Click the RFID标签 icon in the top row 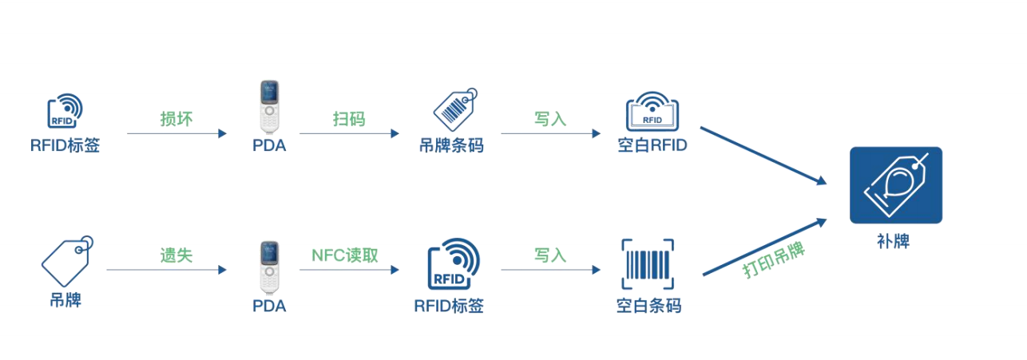click(65, 111)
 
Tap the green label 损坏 click(176, 119)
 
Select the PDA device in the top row click(270, 107)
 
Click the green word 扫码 click(349, 119)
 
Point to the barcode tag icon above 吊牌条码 click(455, 110)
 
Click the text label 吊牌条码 click(451, 145)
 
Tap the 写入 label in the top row click(550, 119)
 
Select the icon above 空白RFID click(652, 111)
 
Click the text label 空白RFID click(652, 145)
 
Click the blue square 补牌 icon click(896, 185)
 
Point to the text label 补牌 click(894, 241)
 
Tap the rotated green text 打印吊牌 click(774, 259)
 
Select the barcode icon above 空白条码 click(648, 264)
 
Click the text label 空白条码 click(648, 306)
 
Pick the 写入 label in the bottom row click(550, 255)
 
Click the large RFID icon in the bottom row click(454, 264)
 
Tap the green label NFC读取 click(345, 255)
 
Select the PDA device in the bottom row click(270, 267)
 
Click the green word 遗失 click(176, 255)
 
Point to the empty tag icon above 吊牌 click(67, 261)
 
